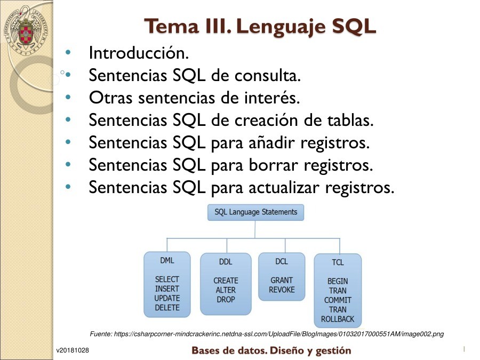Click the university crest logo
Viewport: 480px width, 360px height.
tap(26, 30)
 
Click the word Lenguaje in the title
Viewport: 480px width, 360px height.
tap(281, 27)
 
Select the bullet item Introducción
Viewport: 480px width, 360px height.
tap(139, 53)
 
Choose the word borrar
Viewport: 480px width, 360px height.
tap(273, 165)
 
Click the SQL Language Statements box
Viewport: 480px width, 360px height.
tap(255, 212)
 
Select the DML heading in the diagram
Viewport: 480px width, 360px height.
tap(167, 260)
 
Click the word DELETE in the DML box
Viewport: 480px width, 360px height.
tap(167, 307)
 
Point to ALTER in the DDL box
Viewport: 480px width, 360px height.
tap(226, 290)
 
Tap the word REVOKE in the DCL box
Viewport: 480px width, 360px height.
tap(282, 290)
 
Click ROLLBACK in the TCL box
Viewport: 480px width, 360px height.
tap(338, 319)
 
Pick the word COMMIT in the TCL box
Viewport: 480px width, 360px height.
tap(338, 300)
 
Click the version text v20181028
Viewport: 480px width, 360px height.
tap(73, 350)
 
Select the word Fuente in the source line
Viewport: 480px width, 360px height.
tap(101, 334)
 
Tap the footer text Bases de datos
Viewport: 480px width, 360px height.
tap(229, 350)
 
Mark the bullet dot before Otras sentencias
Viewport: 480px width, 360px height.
tap(68, 98)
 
